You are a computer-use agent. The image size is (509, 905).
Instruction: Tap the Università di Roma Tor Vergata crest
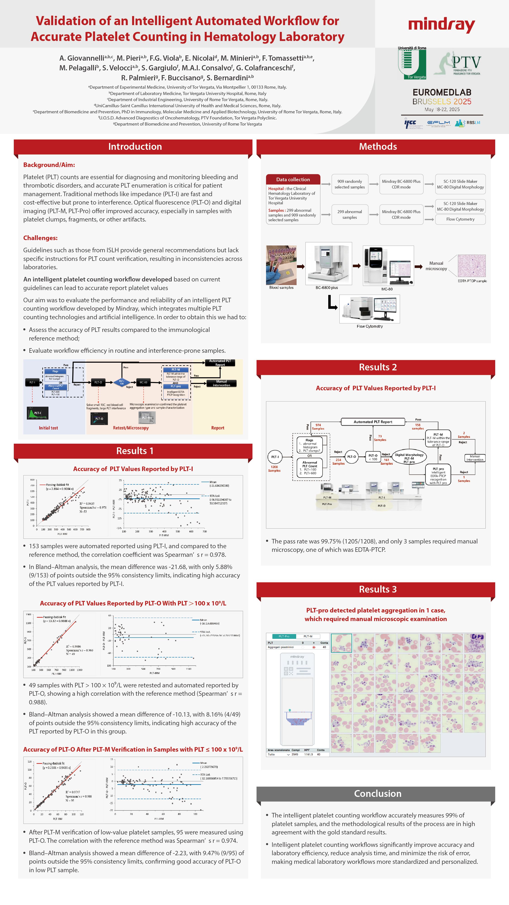[x=412, y=63]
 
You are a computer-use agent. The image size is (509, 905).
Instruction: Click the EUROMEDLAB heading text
[x=442, y=92]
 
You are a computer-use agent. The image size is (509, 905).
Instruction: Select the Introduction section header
[x=135, y=147]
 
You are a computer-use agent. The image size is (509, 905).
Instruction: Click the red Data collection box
[x=293, y=179]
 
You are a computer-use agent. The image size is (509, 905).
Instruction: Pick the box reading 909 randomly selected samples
[x=350, y=184]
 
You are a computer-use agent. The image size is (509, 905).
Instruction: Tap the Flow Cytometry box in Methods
[x=460, y=219]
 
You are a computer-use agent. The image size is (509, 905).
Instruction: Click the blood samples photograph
[x=281, y=265]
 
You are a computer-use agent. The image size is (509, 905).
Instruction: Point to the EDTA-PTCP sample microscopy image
[x=471, y=266]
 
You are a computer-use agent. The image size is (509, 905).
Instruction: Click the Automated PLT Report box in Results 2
[x=373, y=422]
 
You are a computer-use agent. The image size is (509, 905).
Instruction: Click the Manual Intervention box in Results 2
[x=475, y=458]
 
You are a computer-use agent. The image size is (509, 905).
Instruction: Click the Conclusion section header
[x=378, y=794]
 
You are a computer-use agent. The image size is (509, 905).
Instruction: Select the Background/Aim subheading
[x=49, y=165]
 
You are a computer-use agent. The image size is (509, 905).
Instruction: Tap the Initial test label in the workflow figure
[x=48, y=428]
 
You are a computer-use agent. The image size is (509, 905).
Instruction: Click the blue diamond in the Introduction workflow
[x=121, y=382]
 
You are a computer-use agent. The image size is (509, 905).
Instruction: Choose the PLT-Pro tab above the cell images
[x=284, y=636]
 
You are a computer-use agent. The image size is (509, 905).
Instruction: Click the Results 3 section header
[x=378, y=589]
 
